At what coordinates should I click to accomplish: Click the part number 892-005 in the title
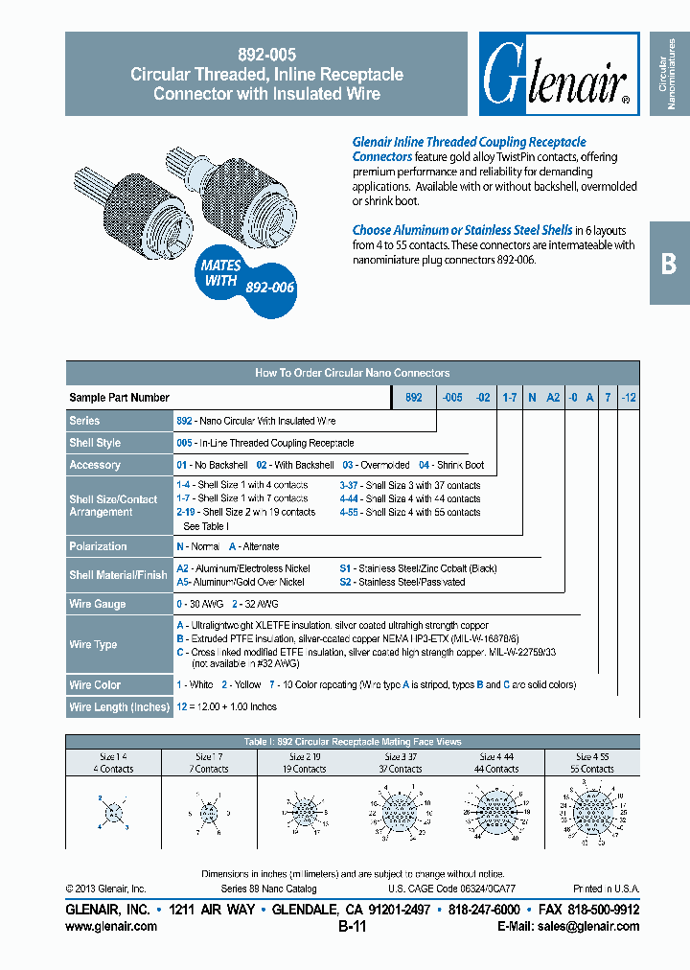click(266, 56)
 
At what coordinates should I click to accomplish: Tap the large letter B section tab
click(669, 264)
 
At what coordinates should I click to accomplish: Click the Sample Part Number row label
click(120, 398)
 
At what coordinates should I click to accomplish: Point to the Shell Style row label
click(95, 443)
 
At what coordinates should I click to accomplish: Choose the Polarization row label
click(98, 546)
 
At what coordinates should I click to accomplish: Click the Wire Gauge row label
click(97, 604)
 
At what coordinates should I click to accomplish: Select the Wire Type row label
click(93, 644)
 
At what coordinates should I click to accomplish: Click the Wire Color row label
click(95, 685)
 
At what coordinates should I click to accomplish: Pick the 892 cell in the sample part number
click(413, 398)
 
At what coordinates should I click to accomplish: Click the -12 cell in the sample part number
click(629, 398)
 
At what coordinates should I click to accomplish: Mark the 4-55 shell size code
click(349, 512)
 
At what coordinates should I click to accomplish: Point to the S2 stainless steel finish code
click(346, 582)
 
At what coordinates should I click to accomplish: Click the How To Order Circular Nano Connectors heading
click(352, 373)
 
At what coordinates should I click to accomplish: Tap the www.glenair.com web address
click(111, 926)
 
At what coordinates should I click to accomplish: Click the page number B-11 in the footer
click(352, 926)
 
